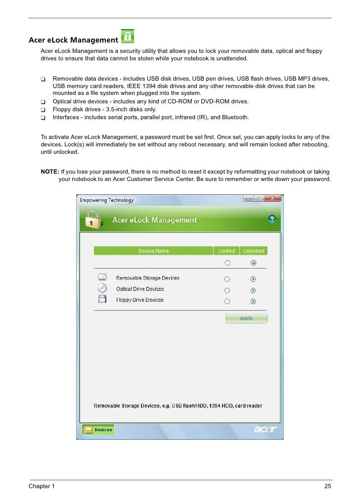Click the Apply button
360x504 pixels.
(246, 319)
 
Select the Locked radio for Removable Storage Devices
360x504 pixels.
(227, 279)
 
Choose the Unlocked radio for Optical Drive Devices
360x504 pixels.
(253, 290)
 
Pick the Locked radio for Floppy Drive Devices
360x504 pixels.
(227, 301)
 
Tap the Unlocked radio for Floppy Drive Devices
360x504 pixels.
(253, 301)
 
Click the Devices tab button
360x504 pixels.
(98, 430)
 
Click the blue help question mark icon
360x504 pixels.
(271, 219)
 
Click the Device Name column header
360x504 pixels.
(153, 251)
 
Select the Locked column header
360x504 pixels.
(226, 251)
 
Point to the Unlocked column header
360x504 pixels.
(253, 251)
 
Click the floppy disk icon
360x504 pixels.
(102, 299)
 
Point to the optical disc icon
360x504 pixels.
(102, 288)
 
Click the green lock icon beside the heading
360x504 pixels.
(128, 36)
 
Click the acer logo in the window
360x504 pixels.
(265, 429)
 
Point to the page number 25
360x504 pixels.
(327, 487)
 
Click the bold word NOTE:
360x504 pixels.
(49, 172)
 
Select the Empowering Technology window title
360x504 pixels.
(107, 200)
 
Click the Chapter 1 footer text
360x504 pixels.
(42, 487)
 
